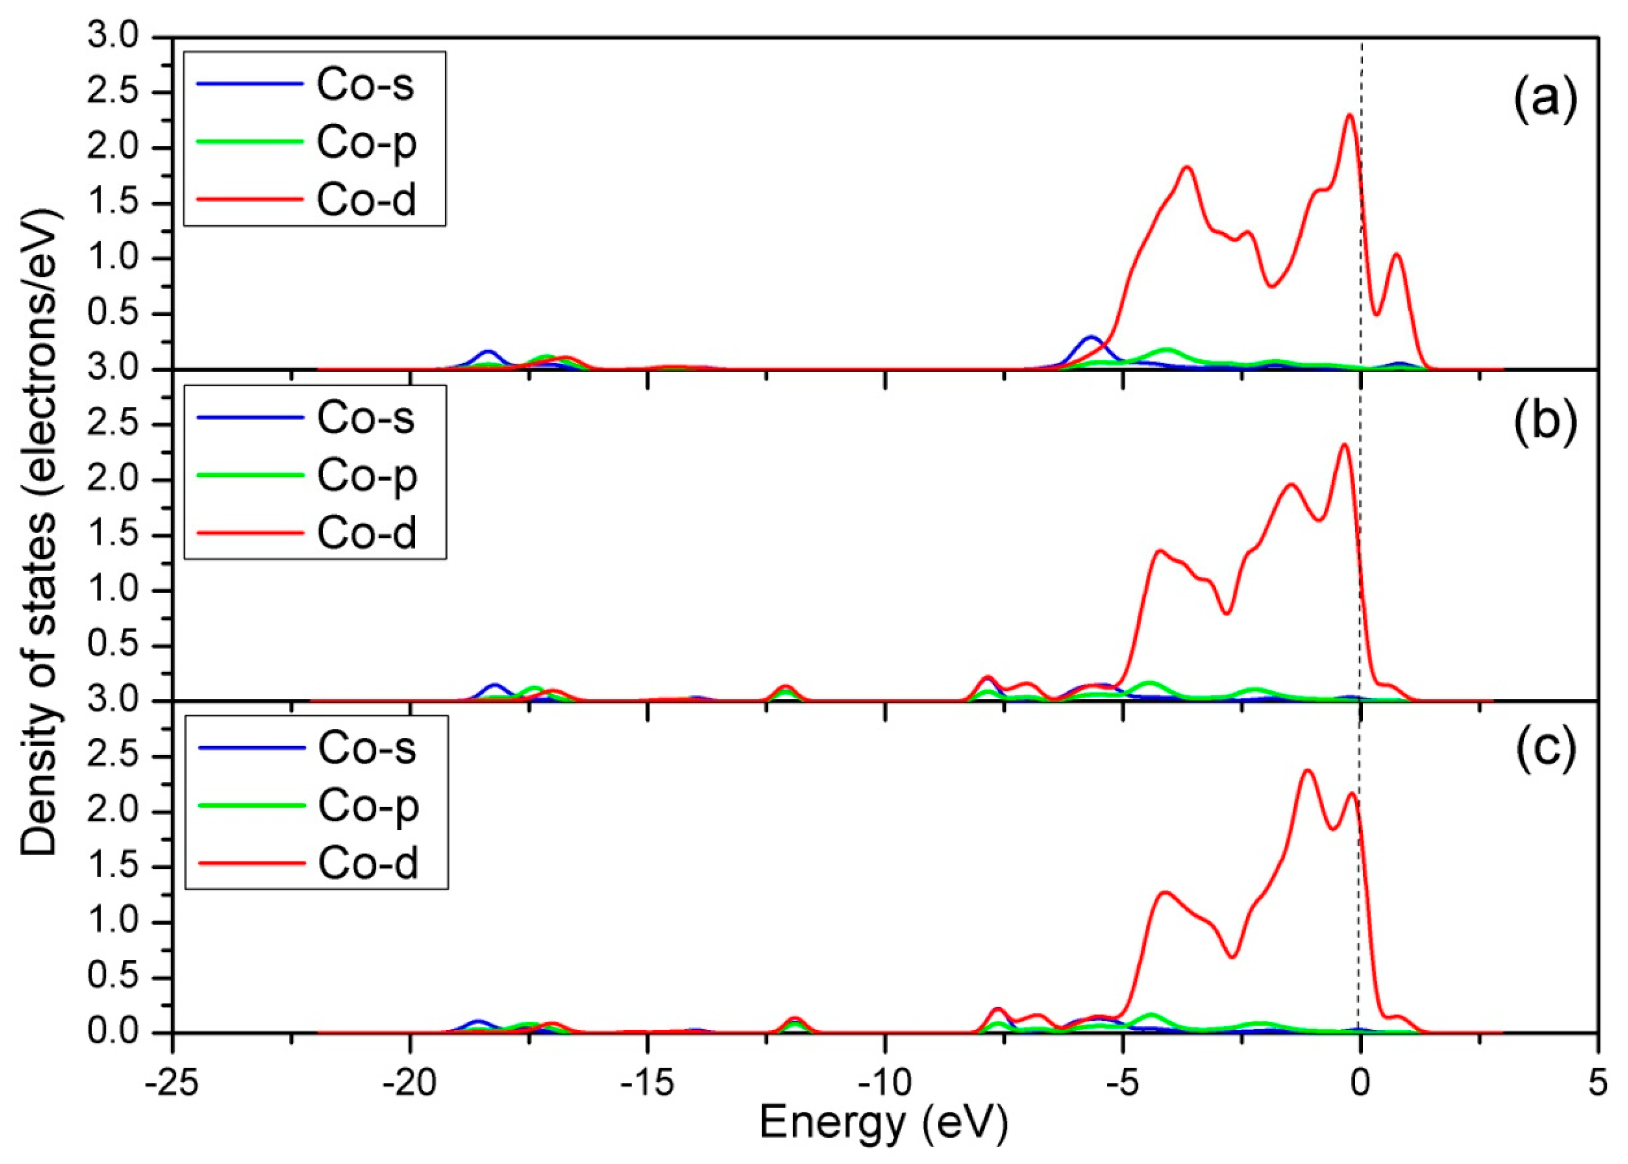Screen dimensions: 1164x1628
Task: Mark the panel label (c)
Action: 1546,748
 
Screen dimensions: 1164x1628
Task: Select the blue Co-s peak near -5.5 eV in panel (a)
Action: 1092,337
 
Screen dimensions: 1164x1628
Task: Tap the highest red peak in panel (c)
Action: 1307,771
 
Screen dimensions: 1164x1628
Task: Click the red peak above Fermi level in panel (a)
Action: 1396,255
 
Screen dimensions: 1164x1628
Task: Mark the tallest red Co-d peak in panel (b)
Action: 1344,445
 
